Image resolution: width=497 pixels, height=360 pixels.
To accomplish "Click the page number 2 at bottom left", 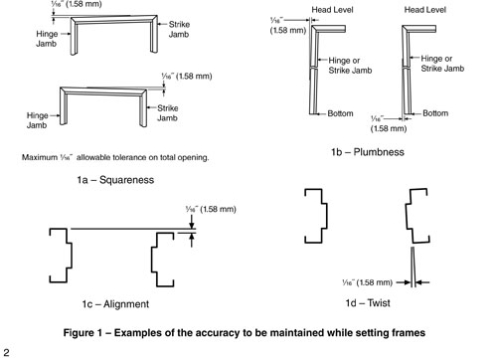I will click(6, 351).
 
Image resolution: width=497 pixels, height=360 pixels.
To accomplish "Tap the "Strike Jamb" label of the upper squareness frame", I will click(179, 31).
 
